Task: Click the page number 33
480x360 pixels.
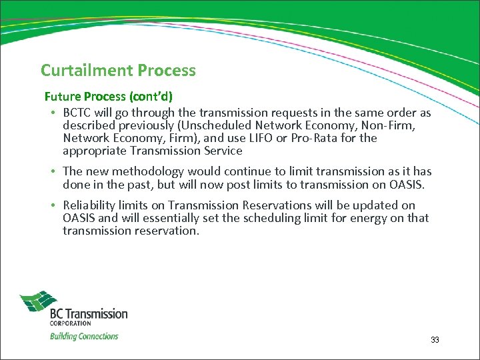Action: point(435,340)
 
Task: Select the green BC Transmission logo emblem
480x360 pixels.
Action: point(39,303)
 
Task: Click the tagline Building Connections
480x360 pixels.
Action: point(84,337)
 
